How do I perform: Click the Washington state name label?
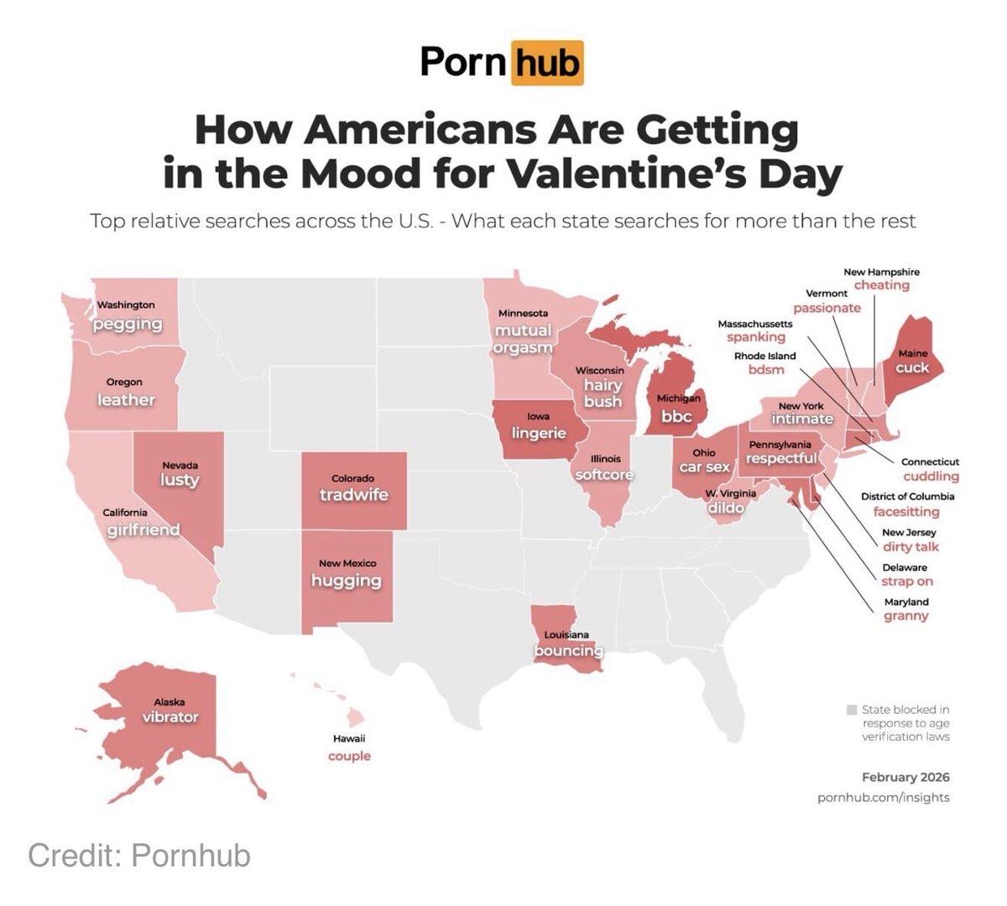(126, 305)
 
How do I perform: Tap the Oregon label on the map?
(123, 383)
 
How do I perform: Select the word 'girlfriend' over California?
(143, 529)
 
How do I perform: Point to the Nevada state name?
(180, 465)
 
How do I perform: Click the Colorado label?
(352, 478)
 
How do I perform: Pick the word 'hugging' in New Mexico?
(347, 581)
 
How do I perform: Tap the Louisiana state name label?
(566, 635)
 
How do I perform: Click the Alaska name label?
(169, 702)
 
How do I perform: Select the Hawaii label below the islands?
(349, 738)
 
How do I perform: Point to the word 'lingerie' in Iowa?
(539, 433)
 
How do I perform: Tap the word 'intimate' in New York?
(802, 419)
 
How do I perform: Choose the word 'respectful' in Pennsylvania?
(781, 458)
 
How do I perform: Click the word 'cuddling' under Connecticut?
(931, 476)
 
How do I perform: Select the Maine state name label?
(912, 353)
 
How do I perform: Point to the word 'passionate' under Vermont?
(827, 308)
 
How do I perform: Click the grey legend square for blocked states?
(852, 709)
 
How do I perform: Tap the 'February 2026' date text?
(905, 777)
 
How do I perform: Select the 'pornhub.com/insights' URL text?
(883, 797)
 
